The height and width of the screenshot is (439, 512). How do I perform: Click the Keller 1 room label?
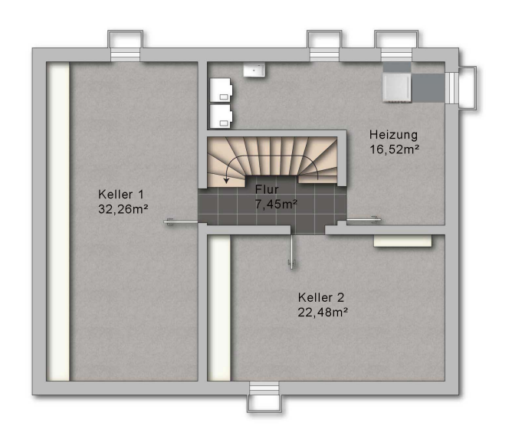point(121,195)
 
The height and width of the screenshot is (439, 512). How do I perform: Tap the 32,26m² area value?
point(123,209)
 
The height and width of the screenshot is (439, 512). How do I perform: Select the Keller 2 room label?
point(321,298)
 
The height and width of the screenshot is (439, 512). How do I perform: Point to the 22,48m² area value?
point(322,313)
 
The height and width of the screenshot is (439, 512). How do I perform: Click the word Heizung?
point(393,135)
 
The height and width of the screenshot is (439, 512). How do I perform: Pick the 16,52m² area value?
point(394,149)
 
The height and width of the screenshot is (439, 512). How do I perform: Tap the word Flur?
point(267,189)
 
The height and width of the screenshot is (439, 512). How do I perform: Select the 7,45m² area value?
point(276,205)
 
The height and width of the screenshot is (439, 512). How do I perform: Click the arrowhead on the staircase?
point(227,181)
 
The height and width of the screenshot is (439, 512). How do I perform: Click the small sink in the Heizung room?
point(254,70)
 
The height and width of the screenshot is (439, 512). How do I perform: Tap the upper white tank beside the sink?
point(221,90)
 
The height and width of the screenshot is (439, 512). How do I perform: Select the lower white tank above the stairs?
point(221,116)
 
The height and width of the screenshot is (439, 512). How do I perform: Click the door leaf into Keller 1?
point(181,222)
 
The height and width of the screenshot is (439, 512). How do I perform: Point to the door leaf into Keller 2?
point(291,251)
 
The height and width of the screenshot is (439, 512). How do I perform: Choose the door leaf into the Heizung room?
point(363,221)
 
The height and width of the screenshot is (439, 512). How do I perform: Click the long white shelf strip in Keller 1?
point(58,221)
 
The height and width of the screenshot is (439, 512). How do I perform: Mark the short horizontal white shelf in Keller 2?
point(402,241)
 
